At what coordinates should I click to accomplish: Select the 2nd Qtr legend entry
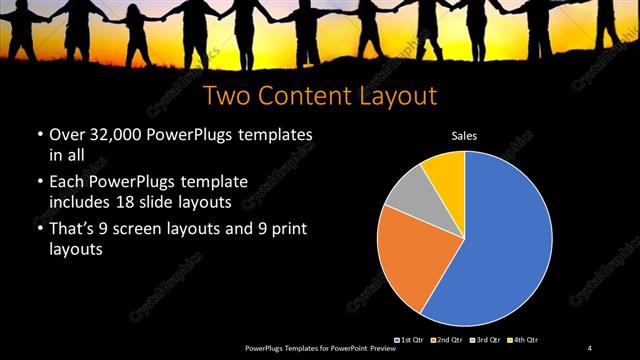point(445,341)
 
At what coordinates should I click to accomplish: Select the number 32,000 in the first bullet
point(119,135)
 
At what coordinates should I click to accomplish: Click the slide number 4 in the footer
point(590,347)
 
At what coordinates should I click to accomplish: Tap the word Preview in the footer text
point(381,347)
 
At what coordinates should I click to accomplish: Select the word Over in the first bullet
point(65,135)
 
